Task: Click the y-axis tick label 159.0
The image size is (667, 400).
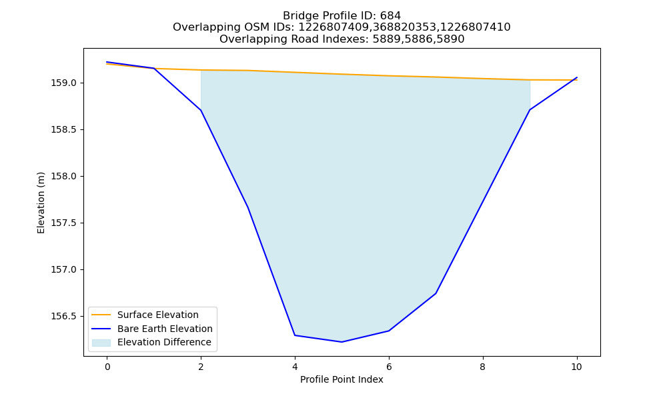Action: click(x=64, y=83)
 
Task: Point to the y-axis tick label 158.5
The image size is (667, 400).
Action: click(x=64, y=129)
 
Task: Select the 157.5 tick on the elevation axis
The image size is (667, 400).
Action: click(x=64, y=223)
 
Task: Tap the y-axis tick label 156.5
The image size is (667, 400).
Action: click(x=64, y=317)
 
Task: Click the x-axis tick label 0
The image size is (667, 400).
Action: click(x=107, y=367)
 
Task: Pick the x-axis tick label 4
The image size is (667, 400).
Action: click(x=295, y=367)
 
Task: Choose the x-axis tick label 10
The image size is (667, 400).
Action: click(x=576, y=367)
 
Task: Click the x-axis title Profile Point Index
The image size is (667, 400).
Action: click(x=342, y=379)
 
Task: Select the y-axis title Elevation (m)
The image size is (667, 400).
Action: click(x=41, y=203)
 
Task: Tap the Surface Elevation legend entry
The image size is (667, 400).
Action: click(x=158, y=315)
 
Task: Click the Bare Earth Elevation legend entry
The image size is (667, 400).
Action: click(x=165, y=329)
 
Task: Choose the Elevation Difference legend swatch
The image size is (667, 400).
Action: click(x=101, y=343)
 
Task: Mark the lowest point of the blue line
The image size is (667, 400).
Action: click(x=342, y=342)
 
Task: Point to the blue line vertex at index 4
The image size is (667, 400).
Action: click(x=295, y=335)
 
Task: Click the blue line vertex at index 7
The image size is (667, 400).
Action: click(x=436, y=293)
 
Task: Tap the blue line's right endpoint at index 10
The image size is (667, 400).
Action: click(x=577, y=77)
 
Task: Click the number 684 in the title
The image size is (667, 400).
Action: click(x=390, y=16)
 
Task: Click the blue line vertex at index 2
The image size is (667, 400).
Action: click(x=201, y=110)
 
